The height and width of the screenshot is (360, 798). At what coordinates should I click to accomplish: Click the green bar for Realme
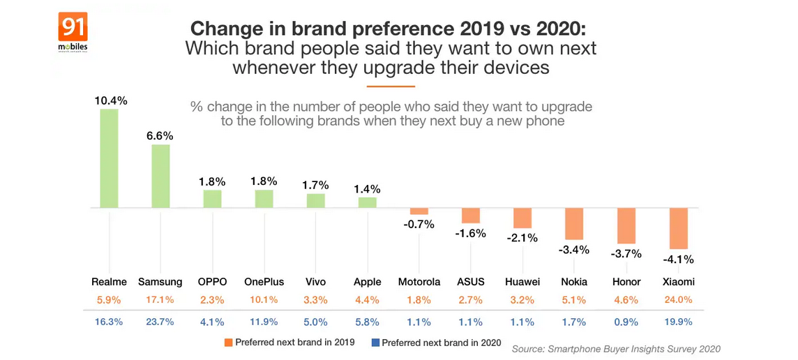[x=110, y=158]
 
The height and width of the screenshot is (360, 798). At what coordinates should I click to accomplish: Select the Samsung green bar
[x=161, y=177]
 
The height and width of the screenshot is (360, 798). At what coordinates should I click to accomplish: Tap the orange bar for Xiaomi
[x=679, y=228]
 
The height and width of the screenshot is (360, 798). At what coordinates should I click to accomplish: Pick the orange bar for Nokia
[x=574, y=224]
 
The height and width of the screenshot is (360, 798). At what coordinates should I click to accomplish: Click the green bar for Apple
[x=368, y=202]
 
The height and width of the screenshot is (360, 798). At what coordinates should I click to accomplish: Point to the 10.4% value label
[x=112, y=100]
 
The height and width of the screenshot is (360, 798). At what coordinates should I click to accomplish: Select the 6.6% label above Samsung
[x=160, y=135]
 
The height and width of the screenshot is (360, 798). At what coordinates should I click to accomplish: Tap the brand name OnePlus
[x=264, y=282]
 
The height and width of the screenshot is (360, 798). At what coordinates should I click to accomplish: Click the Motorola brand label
[x=419, y=282]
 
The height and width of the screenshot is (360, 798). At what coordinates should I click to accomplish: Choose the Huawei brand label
[x=522, y=282]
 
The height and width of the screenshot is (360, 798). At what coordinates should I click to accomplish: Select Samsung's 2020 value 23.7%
[x=160, y=322]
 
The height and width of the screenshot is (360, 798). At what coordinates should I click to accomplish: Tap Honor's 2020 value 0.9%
[x=626, y=322]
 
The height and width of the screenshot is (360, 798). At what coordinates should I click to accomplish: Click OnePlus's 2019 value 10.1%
[x=263, y=301]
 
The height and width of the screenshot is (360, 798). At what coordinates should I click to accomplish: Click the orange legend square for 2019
[x=228, y=343]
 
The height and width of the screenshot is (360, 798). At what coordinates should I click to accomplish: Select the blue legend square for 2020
[x=375, y=343]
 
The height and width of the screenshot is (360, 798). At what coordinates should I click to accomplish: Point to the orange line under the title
[x=391, y=87]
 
